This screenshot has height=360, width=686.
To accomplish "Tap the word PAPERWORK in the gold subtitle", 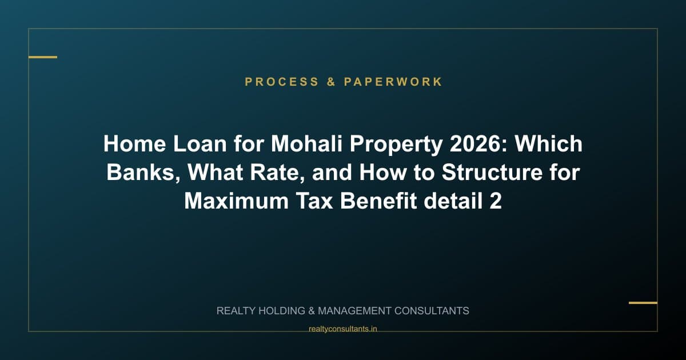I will click(393, 82).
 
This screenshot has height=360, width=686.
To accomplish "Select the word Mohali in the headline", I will click(307, 144).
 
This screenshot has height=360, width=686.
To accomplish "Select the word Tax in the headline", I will click(315, 201).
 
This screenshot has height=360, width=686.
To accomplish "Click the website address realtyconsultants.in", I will click(342, 329).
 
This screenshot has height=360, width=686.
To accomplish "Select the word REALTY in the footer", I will click(237, 311).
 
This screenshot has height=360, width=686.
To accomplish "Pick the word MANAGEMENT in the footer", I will click(354, 311).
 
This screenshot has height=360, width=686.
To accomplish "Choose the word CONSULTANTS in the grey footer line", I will click(432, 311).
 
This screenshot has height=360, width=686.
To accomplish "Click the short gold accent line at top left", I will click(43, 57).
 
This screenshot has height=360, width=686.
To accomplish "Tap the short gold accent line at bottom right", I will click(643, 303).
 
